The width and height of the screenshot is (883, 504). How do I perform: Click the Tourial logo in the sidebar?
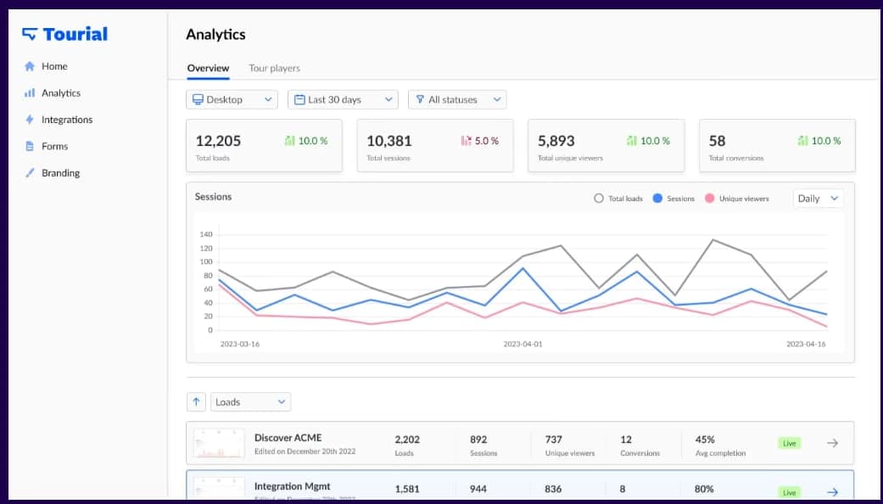coord(65,34)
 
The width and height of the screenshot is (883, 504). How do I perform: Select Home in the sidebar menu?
coord(53,66)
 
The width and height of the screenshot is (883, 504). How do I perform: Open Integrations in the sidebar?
coord(66,120)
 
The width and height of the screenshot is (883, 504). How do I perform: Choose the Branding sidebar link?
coord(60,173)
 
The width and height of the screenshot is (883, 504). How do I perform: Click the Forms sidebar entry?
coord(54,146)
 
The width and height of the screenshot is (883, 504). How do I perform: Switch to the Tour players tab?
coord(274,68)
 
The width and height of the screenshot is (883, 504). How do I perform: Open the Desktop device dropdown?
coord(232,100)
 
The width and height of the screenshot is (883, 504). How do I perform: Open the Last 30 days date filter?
coord(343,100)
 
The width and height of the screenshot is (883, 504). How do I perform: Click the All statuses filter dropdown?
coord(457,100)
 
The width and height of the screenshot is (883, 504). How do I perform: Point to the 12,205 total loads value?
coord(218,141)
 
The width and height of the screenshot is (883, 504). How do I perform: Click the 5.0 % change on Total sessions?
coord(480,141)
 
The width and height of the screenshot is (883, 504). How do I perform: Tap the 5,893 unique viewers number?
coord(556,141)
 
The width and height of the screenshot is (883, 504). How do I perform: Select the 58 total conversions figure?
coord(718,141)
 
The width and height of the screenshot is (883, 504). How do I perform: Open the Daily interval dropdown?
coord(819,199)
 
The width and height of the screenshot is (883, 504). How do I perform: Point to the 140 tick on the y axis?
coord(205,234)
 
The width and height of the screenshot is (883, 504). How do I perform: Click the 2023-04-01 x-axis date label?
coord(523,344)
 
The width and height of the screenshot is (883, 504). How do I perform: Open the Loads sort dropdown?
coord(250,402)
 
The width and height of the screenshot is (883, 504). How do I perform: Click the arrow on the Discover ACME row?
coord(832,443)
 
